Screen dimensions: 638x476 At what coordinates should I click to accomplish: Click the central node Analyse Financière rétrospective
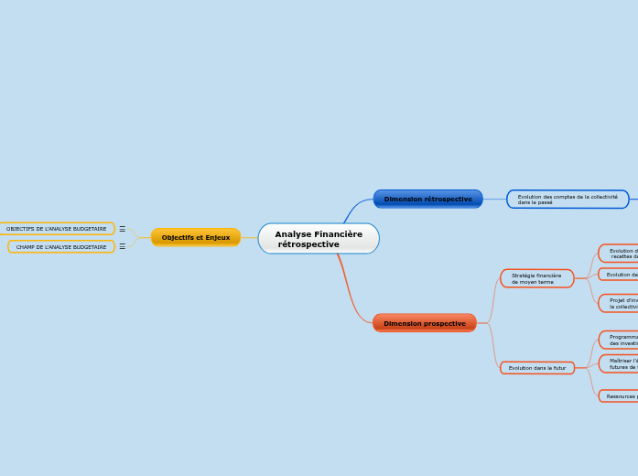click(x=319, y=239)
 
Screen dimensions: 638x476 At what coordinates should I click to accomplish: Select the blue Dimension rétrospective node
click(x=427, y=199)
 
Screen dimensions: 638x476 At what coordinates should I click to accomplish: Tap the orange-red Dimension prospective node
click(x=424, y=323)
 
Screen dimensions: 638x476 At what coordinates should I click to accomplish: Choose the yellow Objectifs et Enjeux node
click(x=196, y=237)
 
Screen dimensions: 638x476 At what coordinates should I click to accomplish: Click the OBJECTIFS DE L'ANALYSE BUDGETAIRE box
click(x=57, y=229)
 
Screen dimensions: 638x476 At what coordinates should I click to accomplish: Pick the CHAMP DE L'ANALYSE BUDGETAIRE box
click(x=61, y=247)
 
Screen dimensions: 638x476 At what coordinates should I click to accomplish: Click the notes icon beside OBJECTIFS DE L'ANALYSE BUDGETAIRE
click(x=122, y=229)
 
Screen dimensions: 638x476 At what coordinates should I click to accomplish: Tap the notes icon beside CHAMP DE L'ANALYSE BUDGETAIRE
click(x=122, y=246)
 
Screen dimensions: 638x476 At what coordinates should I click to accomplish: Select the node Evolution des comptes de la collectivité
click(x=568, y=200)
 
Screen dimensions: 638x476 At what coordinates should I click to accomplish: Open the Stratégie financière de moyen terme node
click(x=537, y=278)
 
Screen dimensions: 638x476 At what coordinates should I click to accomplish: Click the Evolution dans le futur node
click(x=537, y=368)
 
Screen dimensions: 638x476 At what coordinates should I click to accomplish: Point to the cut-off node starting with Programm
click(x=621, y=340)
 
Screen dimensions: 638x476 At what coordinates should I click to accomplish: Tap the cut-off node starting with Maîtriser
click(x=621, y=363)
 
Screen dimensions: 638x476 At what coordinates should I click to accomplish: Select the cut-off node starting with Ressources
click(x=621, y=396)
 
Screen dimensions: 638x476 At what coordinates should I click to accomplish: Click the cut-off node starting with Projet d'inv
click(x=621, y=303)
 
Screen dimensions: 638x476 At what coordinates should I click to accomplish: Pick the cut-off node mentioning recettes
click(x=621, y=254)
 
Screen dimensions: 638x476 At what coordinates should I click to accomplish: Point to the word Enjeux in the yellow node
click(x=217, y=237)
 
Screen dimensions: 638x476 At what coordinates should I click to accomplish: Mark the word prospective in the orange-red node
click(x=444, y=323)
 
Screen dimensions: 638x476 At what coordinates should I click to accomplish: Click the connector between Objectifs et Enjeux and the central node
click(x=249, y=238)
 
